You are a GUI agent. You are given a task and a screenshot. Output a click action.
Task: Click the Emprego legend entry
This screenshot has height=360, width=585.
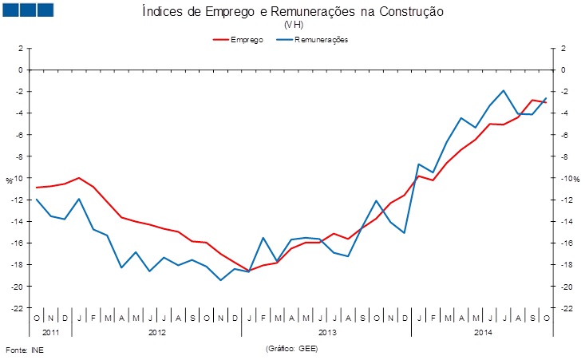click(238, 40)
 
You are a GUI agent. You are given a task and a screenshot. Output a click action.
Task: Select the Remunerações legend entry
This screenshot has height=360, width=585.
click(312, 40)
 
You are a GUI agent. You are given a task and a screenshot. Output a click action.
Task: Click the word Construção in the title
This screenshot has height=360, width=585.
click(412, 11)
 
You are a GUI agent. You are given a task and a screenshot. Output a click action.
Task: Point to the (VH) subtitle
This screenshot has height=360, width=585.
click(294, 25)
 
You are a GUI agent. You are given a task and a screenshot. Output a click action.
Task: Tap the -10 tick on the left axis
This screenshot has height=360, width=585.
click(18, 178)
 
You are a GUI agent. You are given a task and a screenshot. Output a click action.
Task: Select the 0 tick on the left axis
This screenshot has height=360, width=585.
click(21, 69)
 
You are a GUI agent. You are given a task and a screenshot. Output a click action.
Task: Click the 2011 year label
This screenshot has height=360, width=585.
click(50, 332)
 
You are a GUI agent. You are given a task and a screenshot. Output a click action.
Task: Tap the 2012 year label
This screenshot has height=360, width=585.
click(156, 332)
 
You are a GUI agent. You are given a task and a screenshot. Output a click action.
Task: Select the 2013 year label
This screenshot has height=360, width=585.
click(327, 332)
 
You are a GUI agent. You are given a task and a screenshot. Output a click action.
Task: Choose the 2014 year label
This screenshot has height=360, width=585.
click(483, 332)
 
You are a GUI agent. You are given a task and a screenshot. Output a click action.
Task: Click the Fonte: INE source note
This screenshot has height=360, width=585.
click(25, 350)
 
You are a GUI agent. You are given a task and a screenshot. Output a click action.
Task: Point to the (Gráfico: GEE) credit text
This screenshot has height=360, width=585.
click(292, 349)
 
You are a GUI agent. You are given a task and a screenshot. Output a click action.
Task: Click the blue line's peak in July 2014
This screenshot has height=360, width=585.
click(504, 90)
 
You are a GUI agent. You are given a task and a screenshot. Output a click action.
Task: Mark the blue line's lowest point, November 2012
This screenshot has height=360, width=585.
click(220, 280)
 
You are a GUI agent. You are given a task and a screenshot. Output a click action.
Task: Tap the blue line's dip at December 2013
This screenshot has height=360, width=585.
click(405, 233)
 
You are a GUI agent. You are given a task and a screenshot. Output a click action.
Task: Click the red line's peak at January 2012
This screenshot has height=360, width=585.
click(79, 178)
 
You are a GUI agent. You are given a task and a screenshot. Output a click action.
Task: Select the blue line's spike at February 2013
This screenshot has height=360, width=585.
click(263, 238)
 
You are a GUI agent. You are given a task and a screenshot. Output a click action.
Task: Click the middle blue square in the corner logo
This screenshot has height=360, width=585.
click(28, 10)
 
